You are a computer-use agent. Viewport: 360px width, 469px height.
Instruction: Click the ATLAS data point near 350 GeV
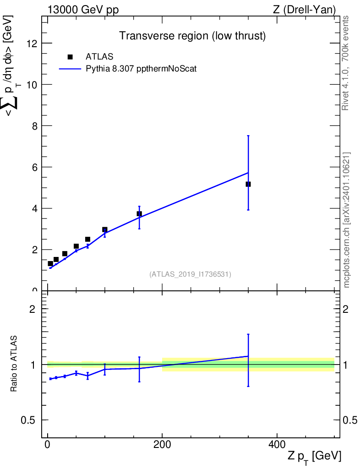coord(248,184)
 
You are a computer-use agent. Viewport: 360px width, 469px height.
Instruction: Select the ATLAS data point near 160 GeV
coord(139,213)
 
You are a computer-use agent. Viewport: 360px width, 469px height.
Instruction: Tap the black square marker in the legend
coord(70,57)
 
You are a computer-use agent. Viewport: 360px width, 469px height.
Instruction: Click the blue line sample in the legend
coord(70,69)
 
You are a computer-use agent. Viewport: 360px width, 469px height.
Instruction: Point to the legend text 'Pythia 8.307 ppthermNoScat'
coord(141,69)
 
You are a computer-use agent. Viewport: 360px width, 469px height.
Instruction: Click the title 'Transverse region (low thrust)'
coord(192,36)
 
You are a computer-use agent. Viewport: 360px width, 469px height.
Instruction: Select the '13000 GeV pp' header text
coord(83,10)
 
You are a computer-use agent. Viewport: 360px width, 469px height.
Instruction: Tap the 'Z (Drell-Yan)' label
coord(304,10)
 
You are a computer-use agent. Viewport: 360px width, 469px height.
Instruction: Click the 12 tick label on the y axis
coord(32,44)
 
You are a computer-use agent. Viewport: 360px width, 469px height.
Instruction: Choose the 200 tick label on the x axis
coord(162,444)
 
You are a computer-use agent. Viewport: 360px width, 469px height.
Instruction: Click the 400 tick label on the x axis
coord(277,444)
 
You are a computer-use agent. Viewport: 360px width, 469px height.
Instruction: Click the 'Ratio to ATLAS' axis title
coord(14,364)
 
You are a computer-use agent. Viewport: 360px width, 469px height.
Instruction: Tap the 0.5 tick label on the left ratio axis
coord(28,420)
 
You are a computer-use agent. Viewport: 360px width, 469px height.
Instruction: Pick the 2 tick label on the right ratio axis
coord(345,309)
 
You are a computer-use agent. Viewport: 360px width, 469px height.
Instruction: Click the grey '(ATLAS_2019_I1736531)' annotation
coord(190,274)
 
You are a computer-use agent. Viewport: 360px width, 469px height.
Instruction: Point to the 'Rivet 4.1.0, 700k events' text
coord(345,63)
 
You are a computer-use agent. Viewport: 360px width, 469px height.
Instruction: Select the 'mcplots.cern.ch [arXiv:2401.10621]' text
coord(347,220)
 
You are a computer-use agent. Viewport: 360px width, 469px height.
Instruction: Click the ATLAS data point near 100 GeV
coord(104,230)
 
